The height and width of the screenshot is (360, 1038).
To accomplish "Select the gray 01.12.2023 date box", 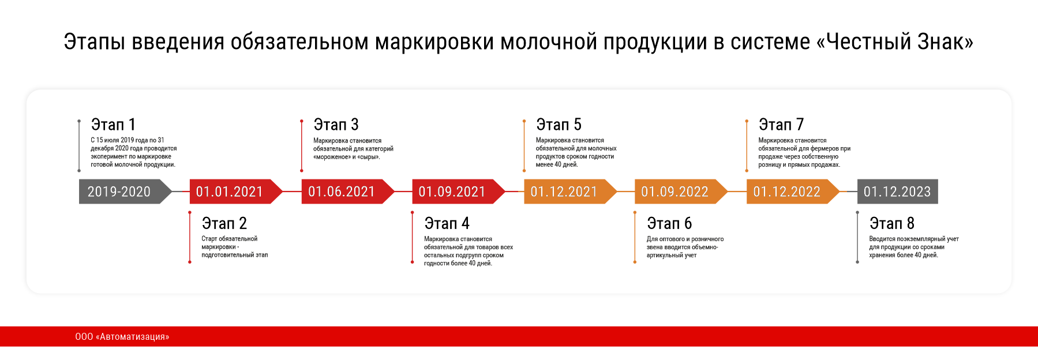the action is coord(898,192).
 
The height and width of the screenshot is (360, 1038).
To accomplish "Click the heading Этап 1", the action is coord(113,125).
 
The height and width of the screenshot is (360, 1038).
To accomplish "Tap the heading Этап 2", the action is coord(224,223).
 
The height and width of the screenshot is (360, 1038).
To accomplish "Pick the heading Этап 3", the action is coord(336,125).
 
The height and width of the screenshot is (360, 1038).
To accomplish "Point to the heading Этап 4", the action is coord(447,223).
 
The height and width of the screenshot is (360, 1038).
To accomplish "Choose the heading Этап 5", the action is coord(559,125).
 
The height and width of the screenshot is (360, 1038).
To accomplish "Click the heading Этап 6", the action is coord(670,223).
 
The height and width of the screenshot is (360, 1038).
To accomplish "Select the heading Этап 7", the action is coord(781,125).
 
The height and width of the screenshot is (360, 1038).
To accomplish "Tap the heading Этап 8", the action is coord(892,223).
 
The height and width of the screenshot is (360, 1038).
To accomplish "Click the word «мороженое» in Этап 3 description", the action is coord(332,157).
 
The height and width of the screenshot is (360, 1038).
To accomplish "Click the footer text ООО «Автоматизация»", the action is coord(122,337).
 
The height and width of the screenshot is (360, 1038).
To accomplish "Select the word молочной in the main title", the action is coord(549,42).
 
